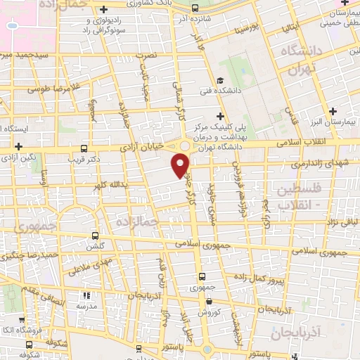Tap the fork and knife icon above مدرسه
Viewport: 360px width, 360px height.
tap(86, 296)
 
